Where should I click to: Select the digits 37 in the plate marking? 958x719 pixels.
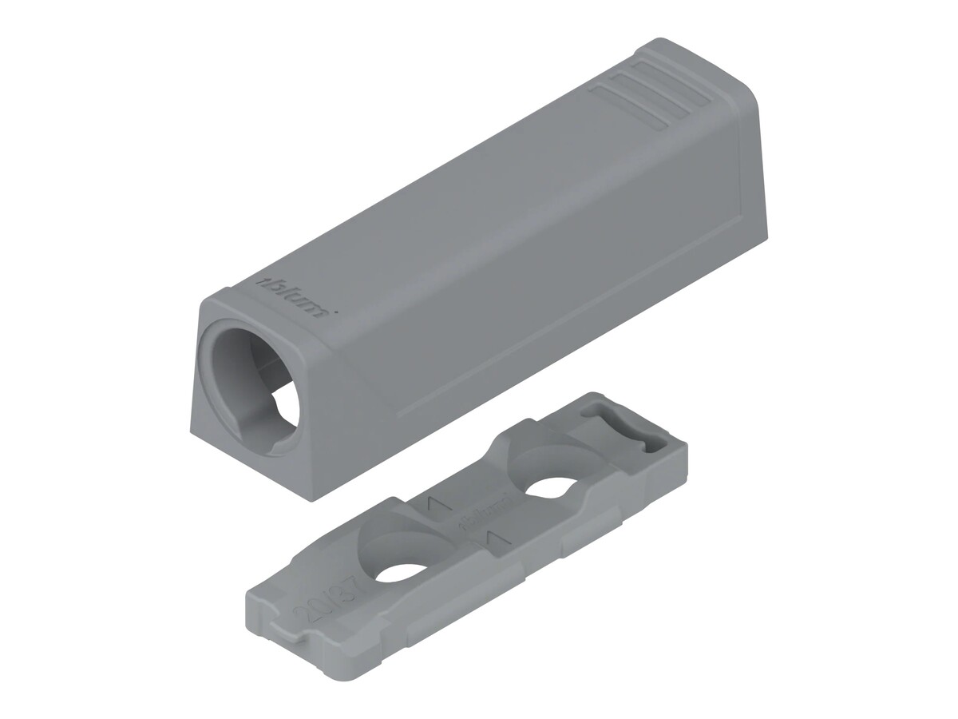pyautogui.click(x=315, y=590)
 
